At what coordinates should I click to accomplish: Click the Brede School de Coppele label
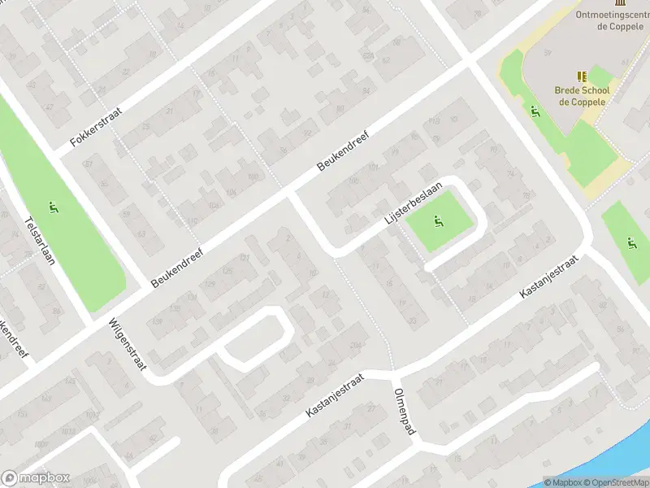pyautogui.click(x=583, y=96)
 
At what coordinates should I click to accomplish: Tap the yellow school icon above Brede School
pyautogui.click(x=582, y=76)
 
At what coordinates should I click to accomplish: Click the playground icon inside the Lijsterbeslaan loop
pyautogui.click(x=439, y=220)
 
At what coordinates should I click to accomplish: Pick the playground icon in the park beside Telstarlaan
pyautogui.click(x=54, y=207)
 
